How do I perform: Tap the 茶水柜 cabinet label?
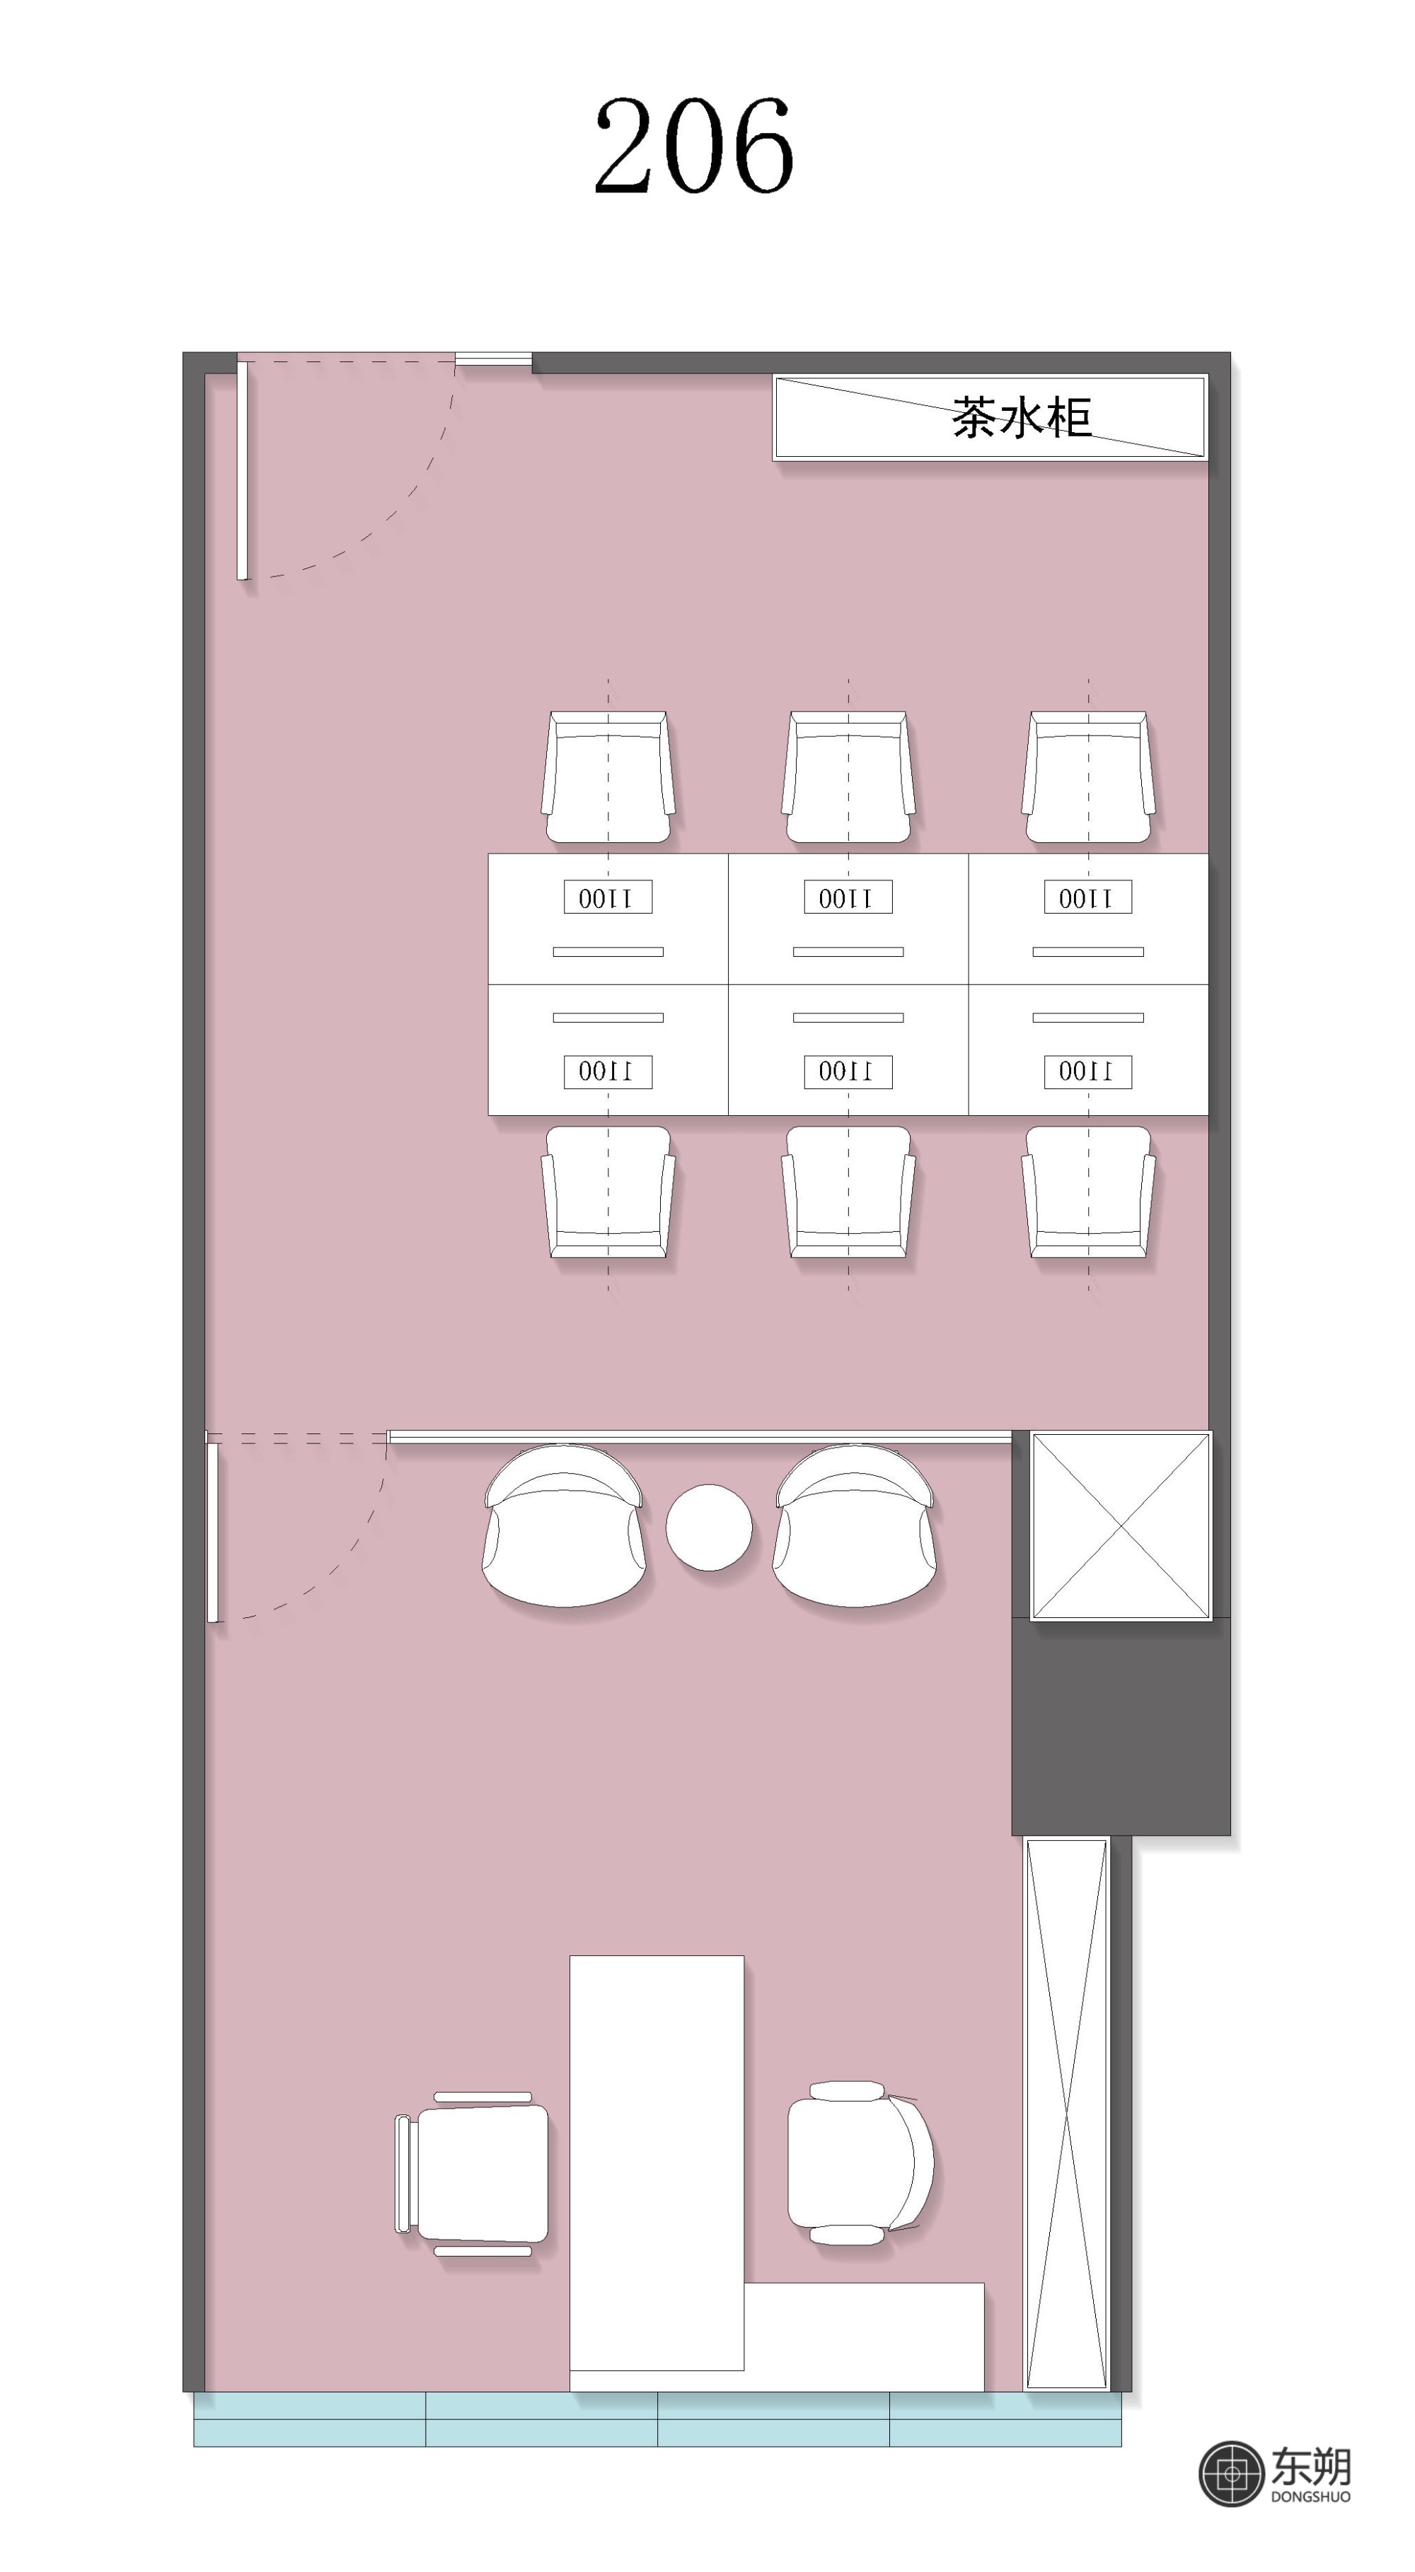pyautogui.click(x=1020, y=417)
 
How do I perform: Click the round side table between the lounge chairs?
pyautogui.click(x=709, y=1527)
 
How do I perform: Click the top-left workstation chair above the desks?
pyautogui.click(x=608, y=776)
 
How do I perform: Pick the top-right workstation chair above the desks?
pyautogui.click(x=1088, y=776)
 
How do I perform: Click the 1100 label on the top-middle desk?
pyautogui.click(x=848, y=897)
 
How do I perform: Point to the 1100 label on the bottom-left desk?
pyautogui.click(x=608, y=1071)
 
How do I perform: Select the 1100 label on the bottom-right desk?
pyautogui.click(x=1087, y=1071)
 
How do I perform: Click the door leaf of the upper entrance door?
pyautogui.click(x=242, y=470)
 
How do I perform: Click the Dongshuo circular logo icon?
pyautogui.click(x=1231, y=2473)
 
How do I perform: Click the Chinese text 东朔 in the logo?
pyautogui.click(x=1311, y=2465)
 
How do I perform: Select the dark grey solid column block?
pyautogui.click(x=1121, y=1728)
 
